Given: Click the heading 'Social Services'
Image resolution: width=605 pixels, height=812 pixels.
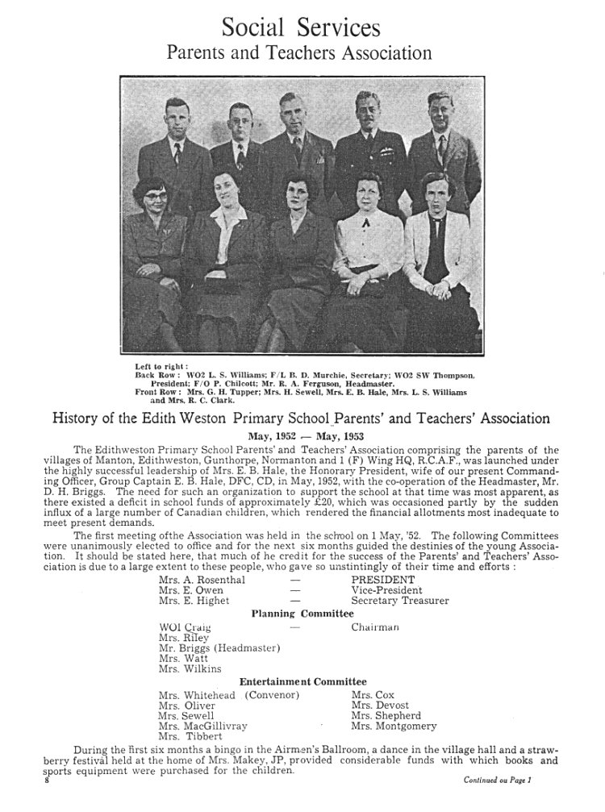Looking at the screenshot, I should pyautogui.click(x=301, y=28).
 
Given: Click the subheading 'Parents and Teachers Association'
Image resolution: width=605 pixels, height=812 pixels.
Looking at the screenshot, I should pyautogui.click(x=299, y=53).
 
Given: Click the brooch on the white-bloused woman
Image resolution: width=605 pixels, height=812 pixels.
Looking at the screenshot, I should pyautogui.click(x=365, y=221).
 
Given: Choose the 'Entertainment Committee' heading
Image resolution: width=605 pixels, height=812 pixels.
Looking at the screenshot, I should pyautogui.click(x=302, y=681).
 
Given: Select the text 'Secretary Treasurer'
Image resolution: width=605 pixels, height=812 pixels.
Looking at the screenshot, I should pyautogui.click(x=400, y=600).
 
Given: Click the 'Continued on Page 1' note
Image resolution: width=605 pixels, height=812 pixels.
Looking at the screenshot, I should pyautogui.click(x=499, y=781).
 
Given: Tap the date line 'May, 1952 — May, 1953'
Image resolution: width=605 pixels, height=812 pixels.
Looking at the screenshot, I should pyautogui.click(x=302, y=435).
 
